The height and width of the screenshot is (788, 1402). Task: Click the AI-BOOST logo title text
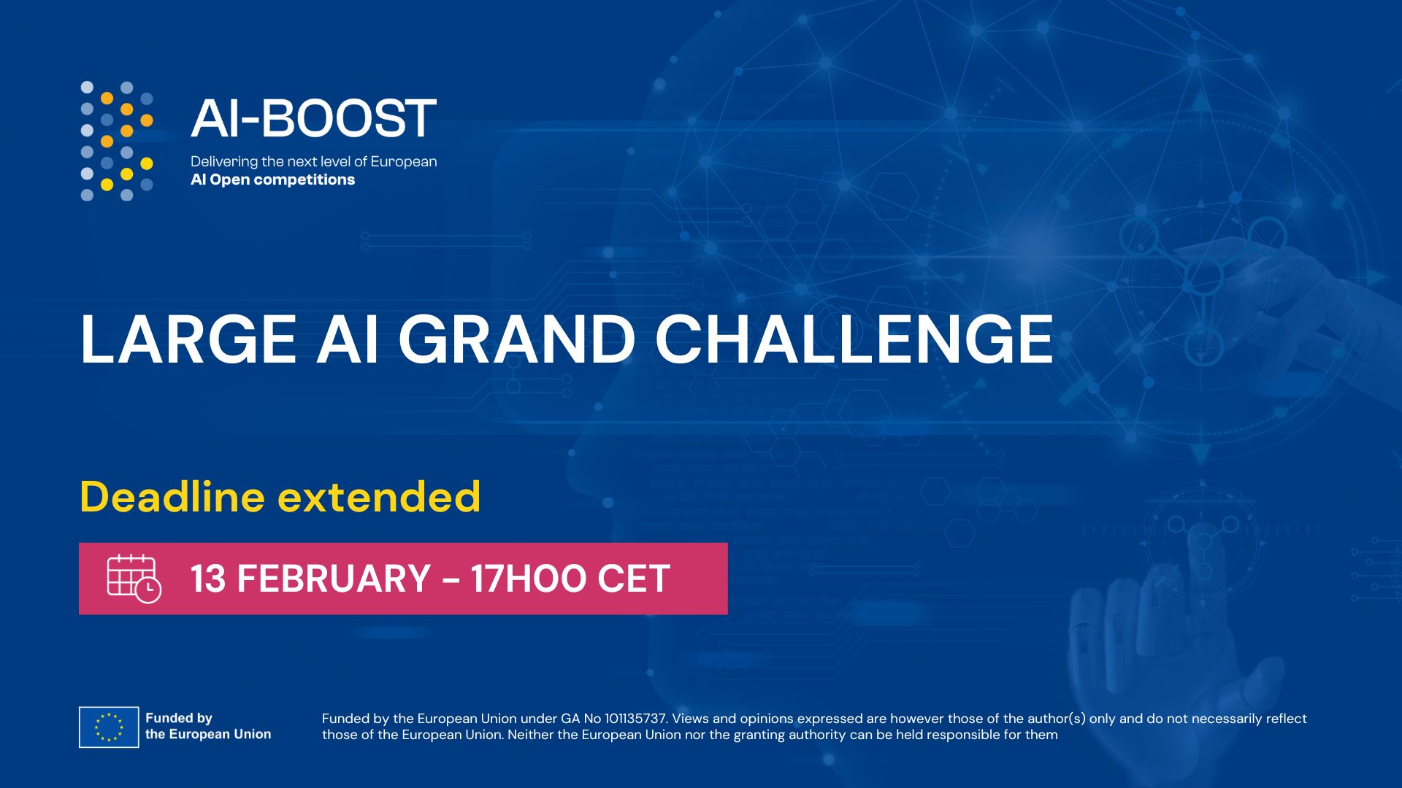(x=313, y=118)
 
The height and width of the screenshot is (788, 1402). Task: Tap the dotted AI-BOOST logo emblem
(x=117, y=141)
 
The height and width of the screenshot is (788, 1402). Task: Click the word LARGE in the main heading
(x=188, y=339)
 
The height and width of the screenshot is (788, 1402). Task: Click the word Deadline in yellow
(x=172, y=497)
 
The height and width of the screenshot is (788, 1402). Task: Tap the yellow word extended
(x=379, y=497)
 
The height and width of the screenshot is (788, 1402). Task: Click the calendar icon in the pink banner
(x=134, y=579)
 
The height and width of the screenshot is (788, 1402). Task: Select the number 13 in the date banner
(x=208, y=579)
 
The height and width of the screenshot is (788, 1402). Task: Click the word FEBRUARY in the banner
(x=334, y=579)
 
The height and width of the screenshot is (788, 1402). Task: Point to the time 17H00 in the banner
(x=529, y=579)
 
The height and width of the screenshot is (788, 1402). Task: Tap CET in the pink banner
(x=634, y=579)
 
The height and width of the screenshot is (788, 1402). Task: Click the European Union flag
(x=109, y=727)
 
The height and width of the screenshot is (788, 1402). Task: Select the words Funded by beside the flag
(x=179, y=718)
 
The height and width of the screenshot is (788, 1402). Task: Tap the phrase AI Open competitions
(x=272, y=179)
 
